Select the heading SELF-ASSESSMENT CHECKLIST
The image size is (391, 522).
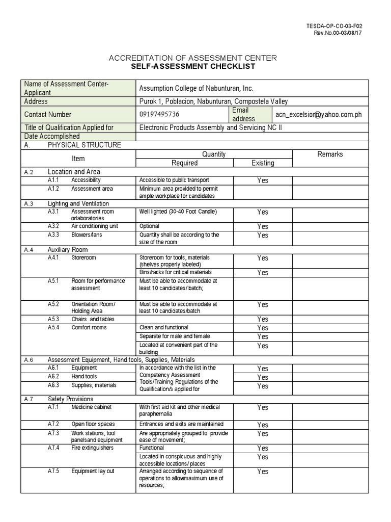click(x=192, y=67)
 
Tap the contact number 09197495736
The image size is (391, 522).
click(x=159, y=114)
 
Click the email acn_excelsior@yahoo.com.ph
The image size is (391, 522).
click(x=319, y=114)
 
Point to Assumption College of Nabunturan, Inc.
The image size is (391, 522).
click(x=196, y=88)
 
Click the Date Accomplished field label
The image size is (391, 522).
click(x=52, y=136)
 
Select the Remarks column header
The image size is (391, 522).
click(x=330, y=154)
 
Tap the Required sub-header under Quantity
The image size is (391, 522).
click(x=184, y=163)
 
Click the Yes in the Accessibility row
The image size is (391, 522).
click(x=262, y=180)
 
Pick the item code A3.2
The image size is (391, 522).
click(x=53, y=226)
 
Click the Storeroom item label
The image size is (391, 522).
click(x=83, y=258)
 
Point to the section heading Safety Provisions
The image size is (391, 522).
click(x=71, y=399)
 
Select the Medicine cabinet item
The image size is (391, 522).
click(x=91, y=407)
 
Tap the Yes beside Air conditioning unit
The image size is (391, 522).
click(x=262, y=226)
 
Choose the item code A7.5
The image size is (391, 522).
click(x=53, y=471)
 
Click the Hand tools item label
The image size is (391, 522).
click(x=84, y=376)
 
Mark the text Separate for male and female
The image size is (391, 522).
click(x=175, y=336)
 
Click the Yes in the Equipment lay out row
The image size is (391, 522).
click(x=262, y=472)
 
